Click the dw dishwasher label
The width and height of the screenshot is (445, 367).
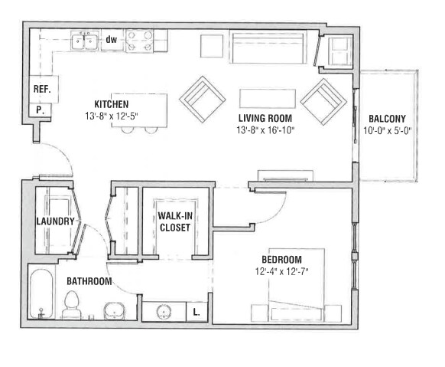click(111, 39)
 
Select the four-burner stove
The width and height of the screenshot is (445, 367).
click(139, 41)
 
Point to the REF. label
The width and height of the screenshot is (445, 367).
click(41, 90)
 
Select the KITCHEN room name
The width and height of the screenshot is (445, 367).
click(111, 104)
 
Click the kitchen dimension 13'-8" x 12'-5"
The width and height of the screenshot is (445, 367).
click(115, 116)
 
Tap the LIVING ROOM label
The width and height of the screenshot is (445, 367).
click(265, 118)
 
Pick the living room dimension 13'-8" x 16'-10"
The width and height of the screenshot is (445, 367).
click(265, 129)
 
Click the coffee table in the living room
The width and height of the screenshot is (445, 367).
click(268, 98)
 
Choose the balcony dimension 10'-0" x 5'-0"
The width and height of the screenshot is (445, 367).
click(387, 130)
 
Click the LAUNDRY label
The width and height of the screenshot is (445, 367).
click(55, 222)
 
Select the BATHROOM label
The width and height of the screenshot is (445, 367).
click(88, 281)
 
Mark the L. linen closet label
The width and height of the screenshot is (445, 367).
click(197, 312)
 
